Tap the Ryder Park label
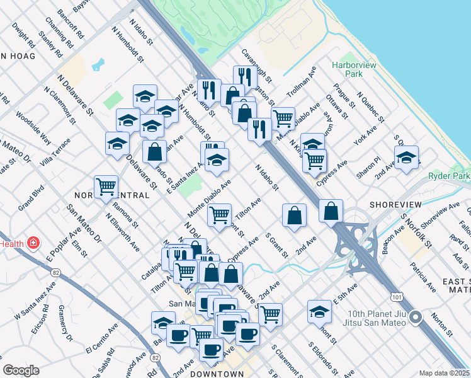point(450,176)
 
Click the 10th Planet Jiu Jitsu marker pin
point(416,317)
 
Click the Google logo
point(21,370)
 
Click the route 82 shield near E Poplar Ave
point(55,272)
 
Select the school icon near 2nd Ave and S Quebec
point(406,157)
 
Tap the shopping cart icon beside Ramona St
point(106,186)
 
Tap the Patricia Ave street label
point(426,277)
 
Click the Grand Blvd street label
point(30,197)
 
